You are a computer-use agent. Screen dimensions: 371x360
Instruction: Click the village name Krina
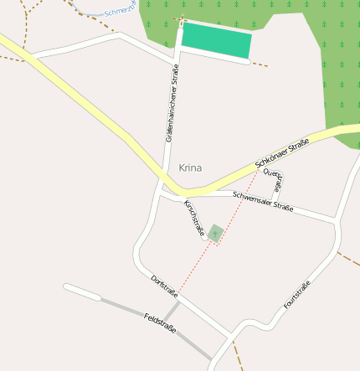click(190, 167)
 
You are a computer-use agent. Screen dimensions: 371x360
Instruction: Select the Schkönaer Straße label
click(282, 152)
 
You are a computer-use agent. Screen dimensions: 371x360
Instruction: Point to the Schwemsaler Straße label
click(263, 201)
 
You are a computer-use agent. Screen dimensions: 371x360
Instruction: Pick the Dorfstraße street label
click(164, 286)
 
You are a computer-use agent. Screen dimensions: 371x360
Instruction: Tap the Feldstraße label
click(160, 323)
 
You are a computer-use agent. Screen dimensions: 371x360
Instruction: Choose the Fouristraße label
click(297, 295)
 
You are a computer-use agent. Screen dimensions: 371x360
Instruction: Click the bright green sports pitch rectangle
click(216, 40)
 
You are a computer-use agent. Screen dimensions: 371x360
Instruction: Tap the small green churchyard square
click(215, 233)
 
